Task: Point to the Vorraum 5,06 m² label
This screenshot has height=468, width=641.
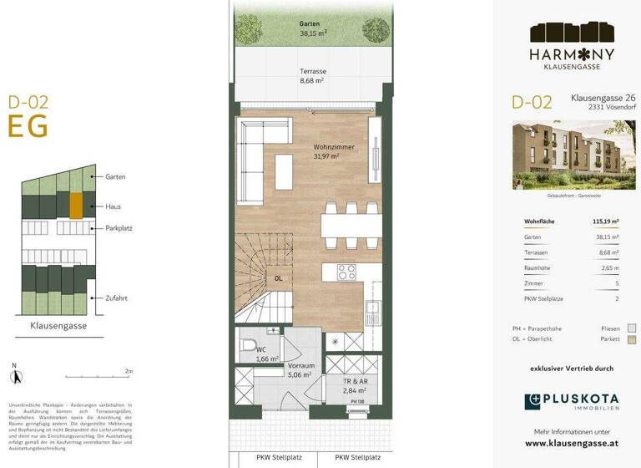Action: [300, 370]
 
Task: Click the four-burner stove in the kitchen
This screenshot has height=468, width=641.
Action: [346, 272]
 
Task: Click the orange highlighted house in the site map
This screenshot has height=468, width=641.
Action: [76, 205]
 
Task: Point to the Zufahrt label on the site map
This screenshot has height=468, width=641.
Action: [116, 298]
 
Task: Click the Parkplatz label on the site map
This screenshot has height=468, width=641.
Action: [119, 227]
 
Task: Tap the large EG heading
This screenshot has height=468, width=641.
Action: [28, 126]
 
